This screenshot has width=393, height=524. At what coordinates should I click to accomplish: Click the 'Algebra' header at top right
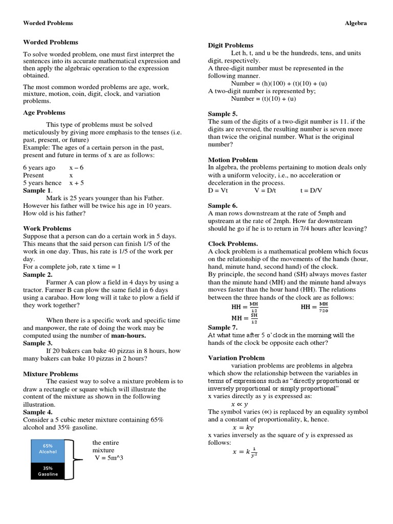(356, 23)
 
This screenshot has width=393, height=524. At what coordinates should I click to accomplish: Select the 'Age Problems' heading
(44, 113)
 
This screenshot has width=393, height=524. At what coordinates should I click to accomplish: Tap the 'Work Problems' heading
(47, 228)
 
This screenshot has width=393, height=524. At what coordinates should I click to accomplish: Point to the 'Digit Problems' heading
(230, 45)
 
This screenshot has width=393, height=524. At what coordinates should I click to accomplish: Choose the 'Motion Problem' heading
(232, 160)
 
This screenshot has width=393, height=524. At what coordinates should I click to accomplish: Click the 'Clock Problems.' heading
(232, 244)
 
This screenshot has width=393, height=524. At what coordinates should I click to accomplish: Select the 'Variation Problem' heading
(236, 358)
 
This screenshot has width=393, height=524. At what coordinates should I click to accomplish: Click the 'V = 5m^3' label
(109, 457)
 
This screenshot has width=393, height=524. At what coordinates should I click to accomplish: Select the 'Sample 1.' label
(37, 190)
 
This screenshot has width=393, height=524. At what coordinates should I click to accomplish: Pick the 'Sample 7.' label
(223, 327)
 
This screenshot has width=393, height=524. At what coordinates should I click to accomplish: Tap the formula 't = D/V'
(313, 190)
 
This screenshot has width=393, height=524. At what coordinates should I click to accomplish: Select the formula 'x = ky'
(243, 427)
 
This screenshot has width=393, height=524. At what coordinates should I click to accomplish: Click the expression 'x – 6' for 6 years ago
(76, 167)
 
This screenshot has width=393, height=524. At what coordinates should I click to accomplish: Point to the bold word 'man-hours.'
(128, 335)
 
